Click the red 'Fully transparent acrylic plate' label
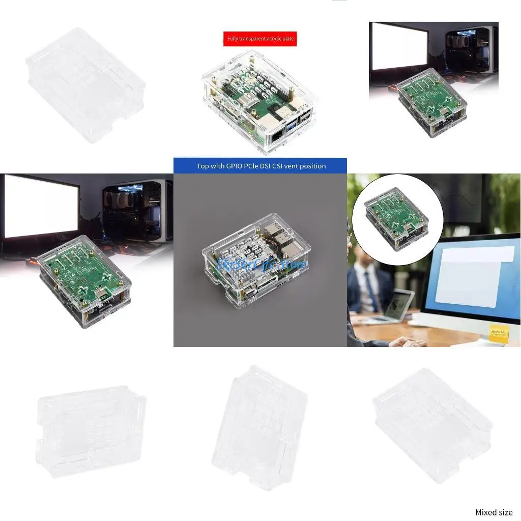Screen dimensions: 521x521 click(x=260, y=39)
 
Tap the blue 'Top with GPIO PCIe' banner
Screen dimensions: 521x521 click(x=260, y=166)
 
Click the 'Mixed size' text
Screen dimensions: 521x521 click(x=494, y=512)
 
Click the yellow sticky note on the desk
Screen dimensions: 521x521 click(x=499, y=332)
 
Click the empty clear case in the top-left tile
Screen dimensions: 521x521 click(x=85, y=84)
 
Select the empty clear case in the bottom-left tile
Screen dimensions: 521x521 click(x=91, y=430)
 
